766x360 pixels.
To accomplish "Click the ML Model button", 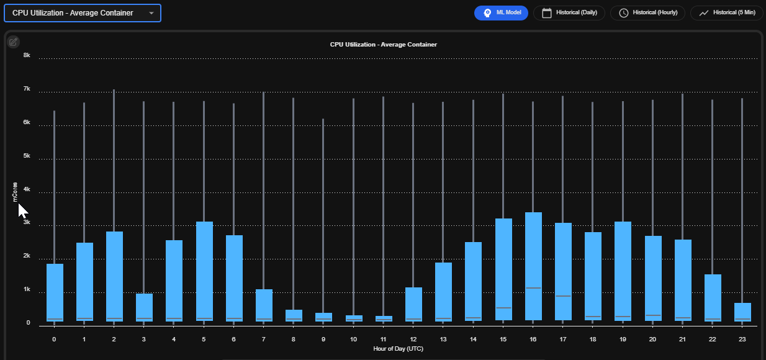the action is (501, 13).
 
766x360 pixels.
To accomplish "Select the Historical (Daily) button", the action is (569, 13).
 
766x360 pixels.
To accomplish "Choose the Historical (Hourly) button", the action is (647, 13).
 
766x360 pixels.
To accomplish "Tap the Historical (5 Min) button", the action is (727, 13).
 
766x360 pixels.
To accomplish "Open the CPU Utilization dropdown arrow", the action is (151, 13).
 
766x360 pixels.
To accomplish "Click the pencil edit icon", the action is (13, 42).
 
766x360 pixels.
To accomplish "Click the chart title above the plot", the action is (384, 45).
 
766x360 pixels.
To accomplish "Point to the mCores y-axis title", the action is (15, 192).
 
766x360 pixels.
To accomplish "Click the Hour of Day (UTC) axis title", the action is (398, 349).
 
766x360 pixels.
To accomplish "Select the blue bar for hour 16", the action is (533, 266).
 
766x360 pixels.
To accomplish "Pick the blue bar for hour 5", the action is (204, 271).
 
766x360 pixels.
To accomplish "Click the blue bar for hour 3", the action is (144, 307).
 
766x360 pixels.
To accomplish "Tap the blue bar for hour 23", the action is (742, 312).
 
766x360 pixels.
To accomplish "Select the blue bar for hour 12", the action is (413, 304).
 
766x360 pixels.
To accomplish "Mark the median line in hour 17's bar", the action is (563, 296).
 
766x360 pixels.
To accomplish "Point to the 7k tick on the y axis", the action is (27, 89).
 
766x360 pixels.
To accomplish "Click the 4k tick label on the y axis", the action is (27, 189).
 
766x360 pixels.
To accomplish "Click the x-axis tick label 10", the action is (353, 340).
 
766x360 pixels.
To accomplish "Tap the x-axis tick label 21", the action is (682, 340).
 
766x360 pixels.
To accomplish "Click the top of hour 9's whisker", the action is (323, 119).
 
